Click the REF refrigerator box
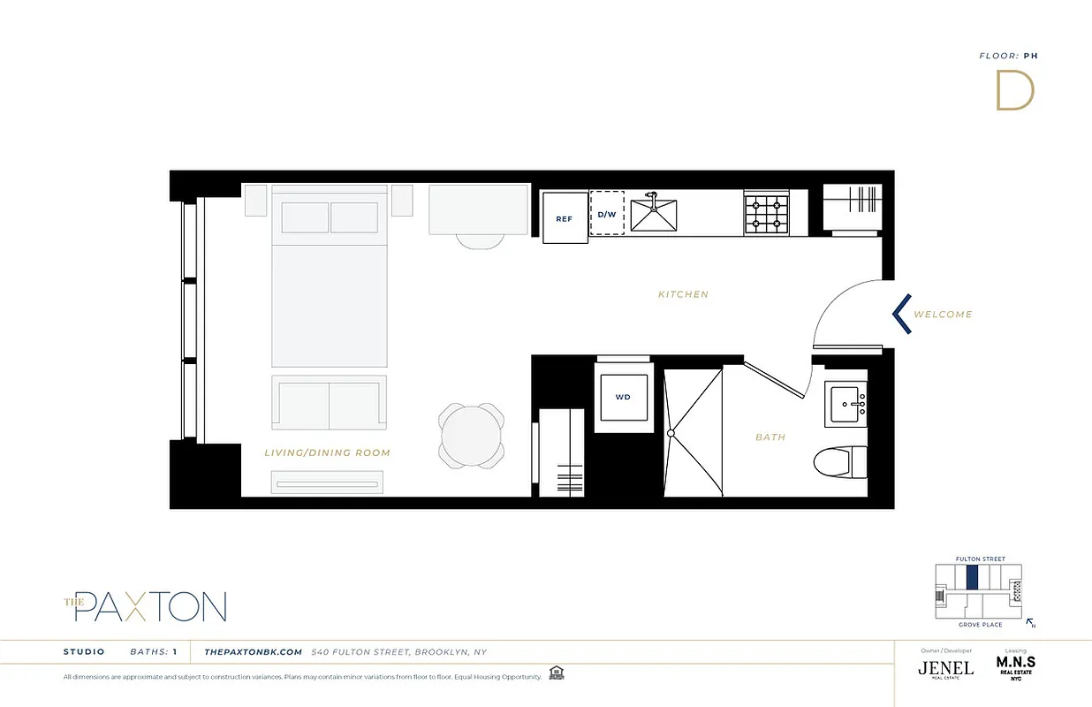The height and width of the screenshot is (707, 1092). pyautogui.click(x=565, y=217)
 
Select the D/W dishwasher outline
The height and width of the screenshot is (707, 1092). pyautogui.click(x=607, y=213)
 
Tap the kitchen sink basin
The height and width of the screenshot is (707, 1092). pyautogui.click(x=654, y=216)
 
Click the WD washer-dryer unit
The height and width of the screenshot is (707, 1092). pyautogui.click(x=623, y=398)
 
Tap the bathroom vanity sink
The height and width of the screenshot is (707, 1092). pyautogui.click(x=846, y=404)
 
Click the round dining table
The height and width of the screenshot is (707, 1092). pyautogui.click(x=473, y=435)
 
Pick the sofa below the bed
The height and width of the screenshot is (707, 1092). pyautogui.click(x=330, y=402)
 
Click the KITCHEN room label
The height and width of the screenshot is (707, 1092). pyautogui.click(x=683, y=294)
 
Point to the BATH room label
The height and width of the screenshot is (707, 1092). pyautogui.click(x=770, y=437)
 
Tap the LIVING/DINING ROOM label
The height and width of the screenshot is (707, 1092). pyautogui.click(x=327, y=452)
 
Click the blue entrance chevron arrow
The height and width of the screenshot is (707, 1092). pyautogui.click(x=901, y=314)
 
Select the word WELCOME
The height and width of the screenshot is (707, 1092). pyautogui.click(x=943, y=315)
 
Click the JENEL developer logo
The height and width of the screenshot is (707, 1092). pyautogui.click(x=945, y=668)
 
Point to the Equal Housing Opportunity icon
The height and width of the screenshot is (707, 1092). pyautogui.click(x=556, y=673)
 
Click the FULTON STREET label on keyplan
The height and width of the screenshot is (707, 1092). pyautogui.click(x=981, y=559)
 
